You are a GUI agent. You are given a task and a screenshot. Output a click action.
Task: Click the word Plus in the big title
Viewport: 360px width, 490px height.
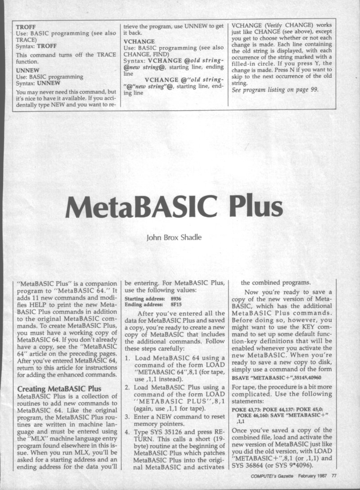tap(256, 208)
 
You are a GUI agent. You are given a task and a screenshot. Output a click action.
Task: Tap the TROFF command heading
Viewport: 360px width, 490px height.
tap(26, 27)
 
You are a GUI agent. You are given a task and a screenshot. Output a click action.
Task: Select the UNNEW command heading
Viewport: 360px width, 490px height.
tap(27, 71)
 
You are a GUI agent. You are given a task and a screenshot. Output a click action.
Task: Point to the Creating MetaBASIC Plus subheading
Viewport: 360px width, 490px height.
tap(59, 388)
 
